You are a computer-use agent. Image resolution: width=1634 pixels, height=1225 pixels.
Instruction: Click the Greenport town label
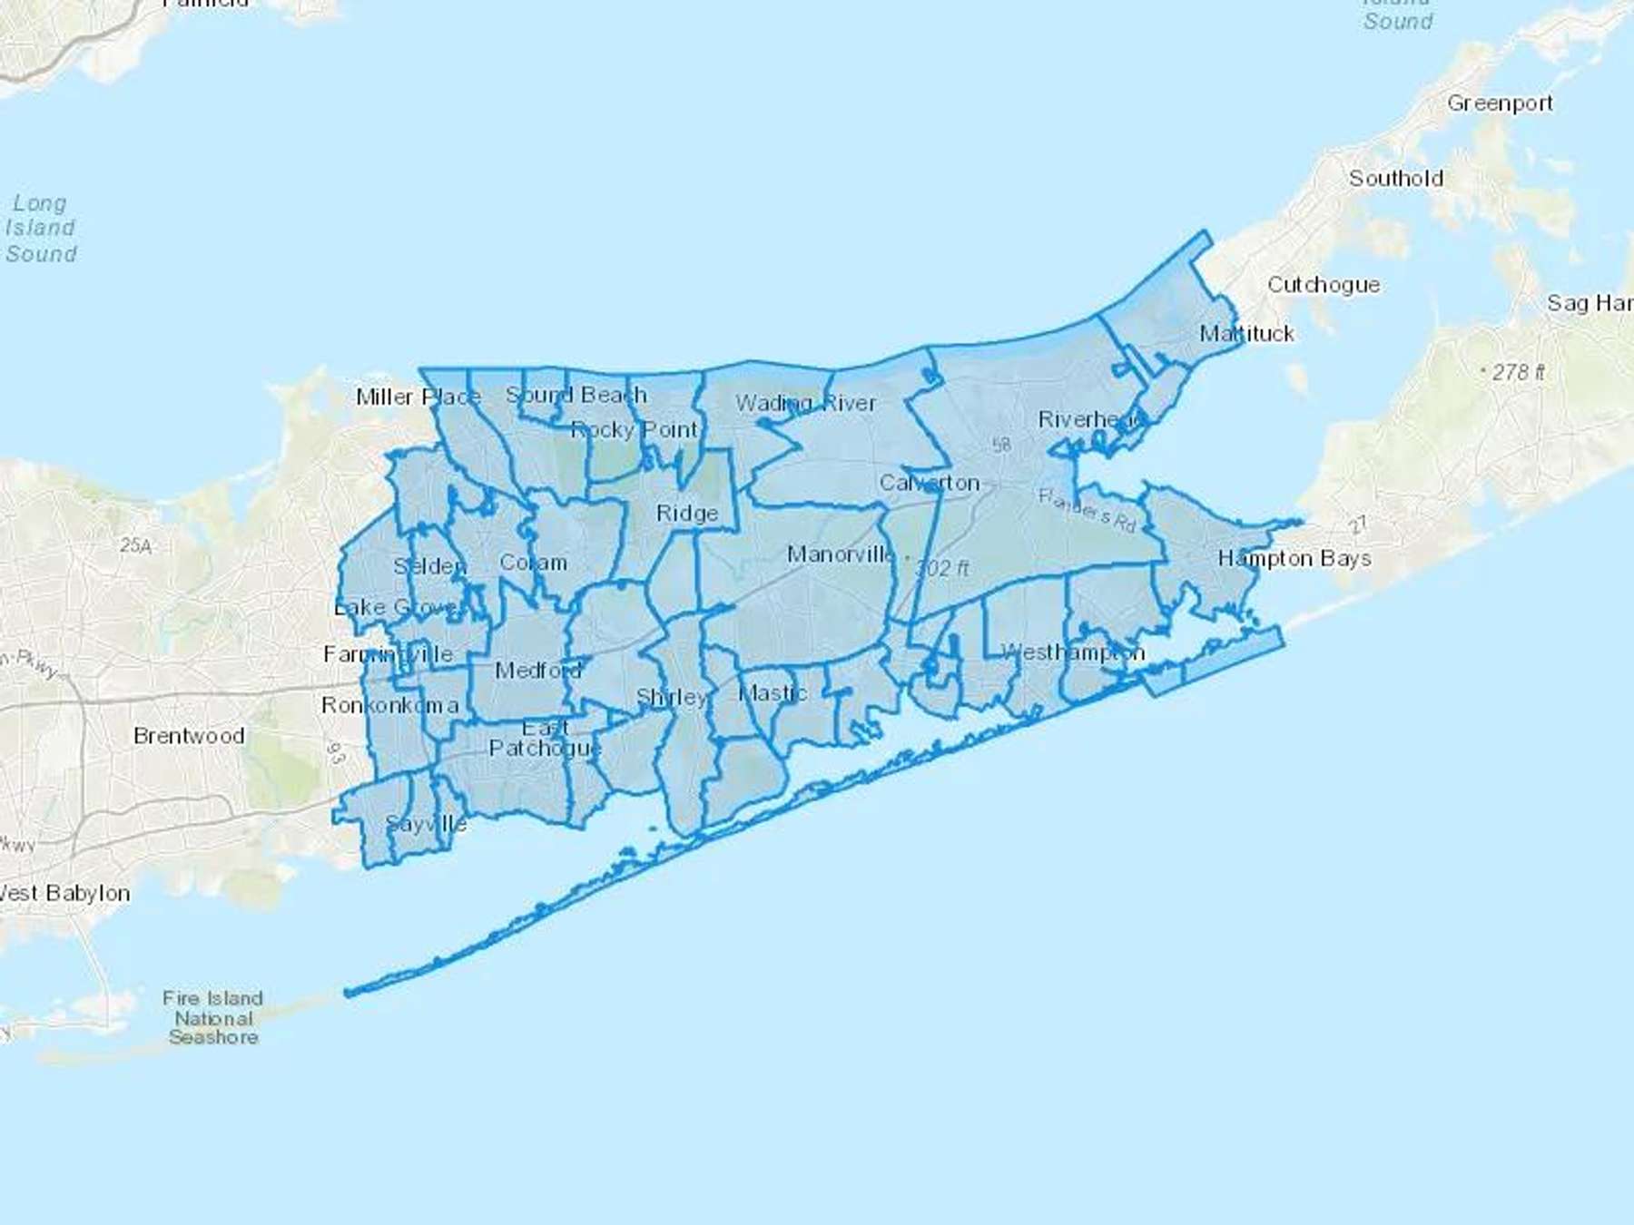click(1500, 103)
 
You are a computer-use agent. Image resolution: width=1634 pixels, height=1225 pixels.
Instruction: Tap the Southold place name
click(1395, 178)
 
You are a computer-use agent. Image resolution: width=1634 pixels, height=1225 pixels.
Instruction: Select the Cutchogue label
click(1323, 285)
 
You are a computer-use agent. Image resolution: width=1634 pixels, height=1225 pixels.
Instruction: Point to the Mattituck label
click(1246, 334)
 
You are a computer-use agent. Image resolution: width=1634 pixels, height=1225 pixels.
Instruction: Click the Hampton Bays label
click(1294, 558)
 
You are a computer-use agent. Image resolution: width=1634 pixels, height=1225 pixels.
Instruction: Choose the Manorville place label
click(840, 554)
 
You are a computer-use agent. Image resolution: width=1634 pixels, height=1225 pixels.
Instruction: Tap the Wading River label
click(805, 403)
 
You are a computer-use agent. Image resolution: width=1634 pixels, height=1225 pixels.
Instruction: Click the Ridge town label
click(687, 514)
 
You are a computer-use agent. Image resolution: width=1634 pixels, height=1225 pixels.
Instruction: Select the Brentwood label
click(189, 736)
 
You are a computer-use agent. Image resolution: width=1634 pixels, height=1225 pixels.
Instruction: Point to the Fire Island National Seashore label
click(213, 1017)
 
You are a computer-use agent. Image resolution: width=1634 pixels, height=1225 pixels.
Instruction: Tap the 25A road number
click(135, 545)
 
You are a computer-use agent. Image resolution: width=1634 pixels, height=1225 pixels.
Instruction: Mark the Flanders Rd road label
click(1087, 509)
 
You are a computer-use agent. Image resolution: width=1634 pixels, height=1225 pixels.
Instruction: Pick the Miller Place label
click(418, 397)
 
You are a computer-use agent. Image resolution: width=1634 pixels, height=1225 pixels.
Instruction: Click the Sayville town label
click(426, 824)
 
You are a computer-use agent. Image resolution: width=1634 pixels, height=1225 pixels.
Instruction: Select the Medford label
click(537, 671)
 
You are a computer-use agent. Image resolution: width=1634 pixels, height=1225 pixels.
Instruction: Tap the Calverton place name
click(929, 483)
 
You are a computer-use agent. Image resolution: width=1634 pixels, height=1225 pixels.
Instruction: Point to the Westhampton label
click(1072, 652)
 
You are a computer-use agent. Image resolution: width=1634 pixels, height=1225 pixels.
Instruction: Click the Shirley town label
click(671, 698)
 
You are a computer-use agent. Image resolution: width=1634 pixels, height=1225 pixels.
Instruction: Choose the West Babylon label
click(64, 893)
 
